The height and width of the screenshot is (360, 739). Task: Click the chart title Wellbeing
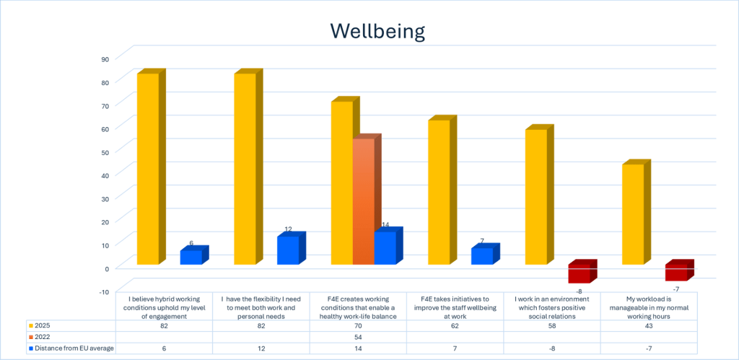377,31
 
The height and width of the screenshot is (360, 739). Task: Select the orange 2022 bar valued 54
364,202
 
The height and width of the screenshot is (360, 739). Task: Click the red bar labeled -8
580,274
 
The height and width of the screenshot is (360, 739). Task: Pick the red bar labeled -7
676,273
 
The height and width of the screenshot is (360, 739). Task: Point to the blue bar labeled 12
288,250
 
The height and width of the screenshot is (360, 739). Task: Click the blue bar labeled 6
191,257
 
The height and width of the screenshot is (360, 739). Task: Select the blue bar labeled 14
385,247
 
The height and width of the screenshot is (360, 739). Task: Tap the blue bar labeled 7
482,256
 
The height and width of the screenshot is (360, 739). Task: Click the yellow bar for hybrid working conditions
148,169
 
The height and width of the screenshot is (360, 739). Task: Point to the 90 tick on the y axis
105,59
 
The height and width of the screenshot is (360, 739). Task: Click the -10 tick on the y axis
103,291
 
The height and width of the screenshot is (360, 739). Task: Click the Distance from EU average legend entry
71,349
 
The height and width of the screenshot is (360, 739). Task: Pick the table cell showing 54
359,338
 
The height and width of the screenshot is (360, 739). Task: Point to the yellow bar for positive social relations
535,197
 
